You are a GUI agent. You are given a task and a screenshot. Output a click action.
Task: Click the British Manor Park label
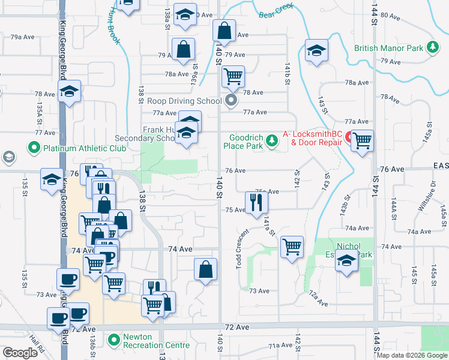tap(388, 49)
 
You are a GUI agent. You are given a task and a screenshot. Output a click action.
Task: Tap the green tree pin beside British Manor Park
tap(432, 48)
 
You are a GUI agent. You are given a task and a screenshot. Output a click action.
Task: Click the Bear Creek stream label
tap(275, 13)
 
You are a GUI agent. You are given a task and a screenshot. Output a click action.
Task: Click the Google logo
tap(20, 353)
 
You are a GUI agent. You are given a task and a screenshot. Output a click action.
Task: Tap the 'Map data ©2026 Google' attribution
tap(412, 355)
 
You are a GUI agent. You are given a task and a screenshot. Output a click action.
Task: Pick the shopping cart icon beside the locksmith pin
tap(362, 141)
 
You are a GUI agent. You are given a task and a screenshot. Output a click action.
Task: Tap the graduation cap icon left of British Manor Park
tap(316, 51)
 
